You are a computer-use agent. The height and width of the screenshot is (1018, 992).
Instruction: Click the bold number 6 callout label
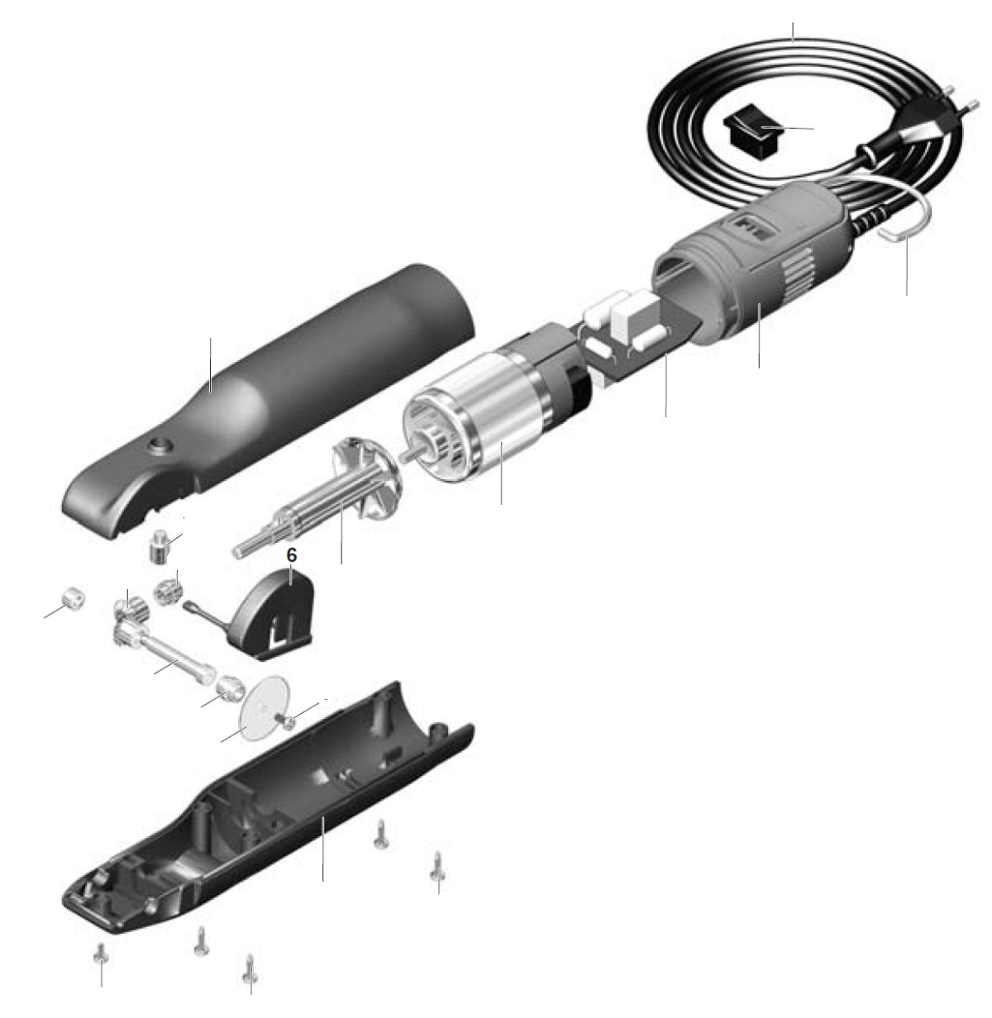pos(291,555)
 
